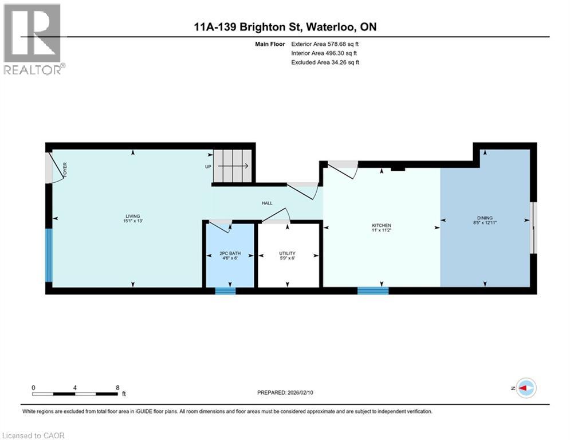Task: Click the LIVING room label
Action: click(132, 215)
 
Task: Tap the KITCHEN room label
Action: click(381, 225)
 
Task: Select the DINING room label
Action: click(485, 218)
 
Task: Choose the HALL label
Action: click(267, 203)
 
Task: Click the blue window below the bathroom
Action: click(225, 290)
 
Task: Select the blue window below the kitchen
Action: click(373, 290)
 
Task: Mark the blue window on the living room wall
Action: click(49, 256)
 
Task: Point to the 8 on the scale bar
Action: click(117, 387)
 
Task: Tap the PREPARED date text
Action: click(286, 392)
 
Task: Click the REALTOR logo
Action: click(33, 40)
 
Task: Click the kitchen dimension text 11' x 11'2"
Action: click(381, 230)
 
